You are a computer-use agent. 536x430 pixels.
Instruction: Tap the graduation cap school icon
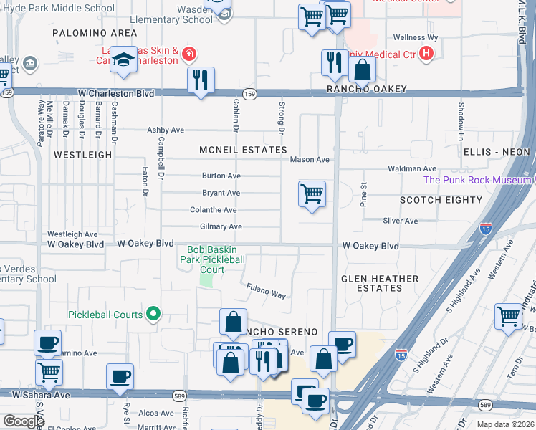click(x=123, y=62)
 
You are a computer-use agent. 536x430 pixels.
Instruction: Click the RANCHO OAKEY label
click(x=367, y=89)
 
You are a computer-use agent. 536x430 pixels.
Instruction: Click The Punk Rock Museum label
click(x=477, y=180)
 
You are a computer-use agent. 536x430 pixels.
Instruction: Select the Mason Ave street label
click(x=309, y=160)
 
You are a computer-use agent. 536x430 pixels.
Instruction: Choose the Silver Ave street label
click(x=400, y=221)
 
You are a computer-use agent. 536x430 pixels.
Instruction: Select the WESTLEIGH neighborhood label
click(x=82, y=154)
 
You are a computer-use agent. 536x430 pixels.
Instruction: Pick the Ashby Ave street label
click(x=166, y=130)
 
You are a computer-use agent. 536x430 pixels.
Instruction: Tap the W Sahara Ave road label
click(x=41, y=395)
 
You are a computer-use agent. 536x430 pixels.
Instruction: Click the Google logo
click(x=24, y=421)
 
